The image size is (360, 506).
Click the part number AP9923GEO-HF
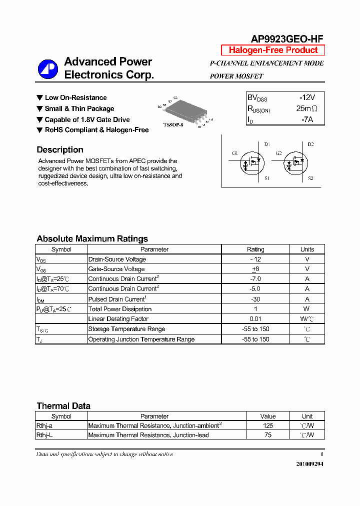click(x=286, y=39)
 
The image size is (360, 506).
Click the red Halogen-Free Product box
click(x=273, y=50)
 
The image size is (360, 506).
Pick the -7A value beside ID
click(x=307, y=119)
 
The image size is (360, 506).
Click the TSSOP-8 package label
click(x=173, y=124)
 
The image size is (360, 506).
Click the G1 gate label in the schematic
click(x=235, y=153)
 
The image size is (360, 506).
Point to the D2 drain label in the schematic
click(x=310, y=144)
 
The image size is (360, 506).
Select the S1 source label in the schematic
click(x=267, y=178)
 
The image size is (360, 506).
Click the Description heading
click(x=60, y=149)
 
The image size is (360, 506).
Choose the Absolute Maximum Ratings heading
click(x=92, y=238)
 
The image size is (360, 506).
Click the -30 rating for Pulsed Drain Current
click(x=255, y=299)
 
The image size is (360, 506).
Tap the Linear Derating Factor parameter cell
click(x=118, y=319)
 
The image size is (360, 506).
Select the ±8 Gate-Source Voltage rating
click(x=255, y=269)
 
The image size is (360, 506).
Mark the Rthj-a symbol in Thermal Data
click(x=44, y=425)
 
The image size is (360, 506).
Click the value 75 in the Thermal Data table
click(x=268, y=435)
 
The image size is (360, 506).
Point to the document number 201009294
click(x=310, y=464)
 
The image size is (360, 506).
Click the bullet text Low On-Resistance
click(x=75, y=97)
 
